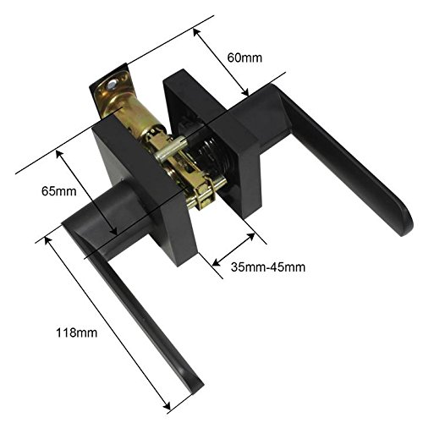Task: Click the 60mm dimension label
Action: (244, 58)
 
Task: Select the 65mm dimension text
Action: (59, 191)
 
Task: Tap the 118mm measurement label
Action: (76, 332)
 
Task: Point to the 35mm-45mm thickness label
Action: (268, 267)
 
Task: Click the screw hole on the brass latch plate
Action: (113, 84)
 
